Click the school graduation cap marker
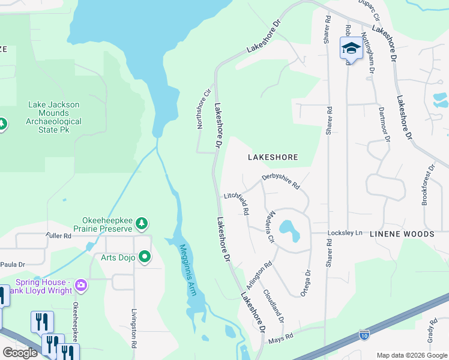351,48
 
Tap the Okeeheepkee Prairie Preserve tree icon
142,224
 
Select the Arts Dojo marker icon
145,257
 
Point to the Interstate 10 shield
364,334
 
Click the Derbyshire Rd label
280,181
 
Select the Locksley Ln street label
345,233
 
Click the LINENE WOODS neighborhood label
402,233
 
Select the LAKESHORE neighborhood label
273,157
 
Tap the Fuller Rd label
58,236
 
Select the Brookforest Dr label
427,185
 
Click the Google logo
20,353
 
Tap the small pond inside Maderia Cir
288,229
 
